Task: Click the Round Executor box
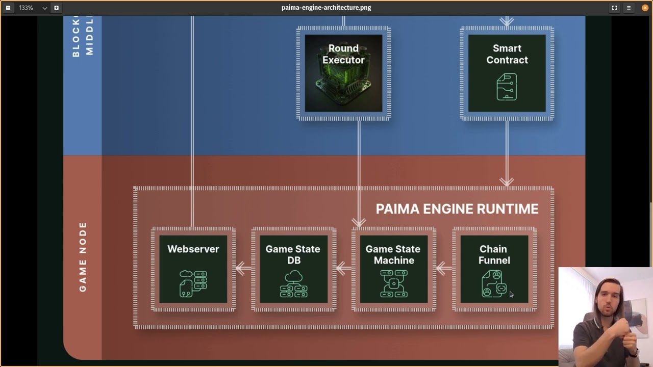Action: (343, 73)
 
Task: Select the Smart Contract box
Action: (507, 73)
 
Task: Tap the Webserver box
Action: (193, 269)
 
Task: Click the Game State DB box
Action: (293, 269)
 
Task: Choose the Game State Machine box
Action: (393, 269)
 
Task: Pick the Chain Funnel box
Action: (494, 269)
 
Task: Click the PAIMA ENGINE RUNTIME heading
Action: (457, 209)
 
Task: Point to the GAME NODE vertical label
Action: (83, 257)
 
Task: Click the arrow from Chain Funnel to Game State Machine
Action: (444, 268)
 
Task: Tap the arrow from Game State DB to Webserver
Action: (244, 268)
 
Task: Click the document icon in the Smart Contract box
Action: (507, 87)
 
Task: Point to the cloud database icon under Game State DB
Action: (293, 284)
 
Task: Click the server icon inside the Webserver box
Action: (193, 283)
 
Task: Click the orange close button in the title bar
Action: (645, 8)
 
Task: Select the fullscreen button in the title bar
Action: (614, 8)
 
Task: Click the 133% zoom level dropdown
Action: (33, 8)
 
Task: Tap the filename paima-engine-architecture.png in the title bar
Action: (326, 8)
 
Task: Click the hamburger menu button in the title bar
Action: (629, 8)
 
